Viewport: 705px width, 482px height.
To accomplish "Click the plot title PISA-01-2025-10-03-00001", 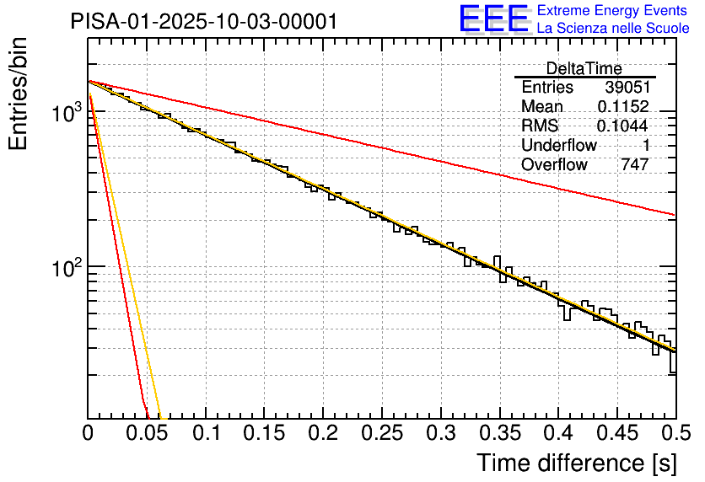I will click(204, 21).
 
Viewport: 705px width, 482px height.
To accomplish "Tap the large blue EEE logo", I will click(494, 19).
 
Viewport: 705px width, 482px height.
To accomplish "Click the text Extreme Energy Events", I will click(612, 11).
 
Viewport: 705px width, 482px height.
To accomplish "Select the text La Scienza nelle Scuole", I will click(612, 28).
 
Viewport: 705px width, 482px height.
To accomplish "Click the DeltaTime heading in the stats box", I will click(584, 68).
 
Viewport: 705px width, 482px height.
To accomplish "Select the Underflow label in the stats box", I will click(558, 146).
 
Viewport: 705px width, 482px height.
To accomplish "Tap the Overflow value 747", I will click(634, 165).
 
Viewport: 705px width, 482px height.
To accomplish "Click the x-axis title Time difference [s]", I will click(576, 463).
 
